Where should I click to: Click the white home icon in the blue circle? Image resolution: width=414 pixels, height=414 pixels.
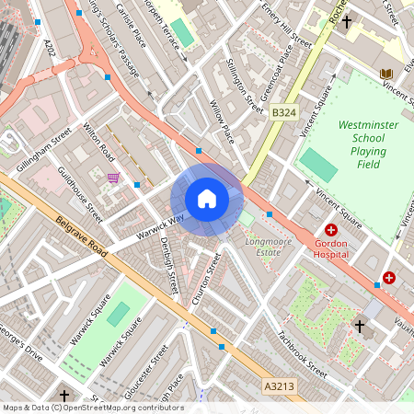[207, 199]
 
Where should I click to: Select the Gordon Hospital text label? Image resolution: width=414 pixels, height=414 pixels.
[331, 247]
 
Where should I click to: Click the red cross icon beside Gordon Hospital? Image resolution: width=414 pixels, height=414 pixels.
[331, 230]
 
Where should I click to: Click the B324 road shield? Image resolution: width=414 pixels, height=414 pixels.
[283, 112]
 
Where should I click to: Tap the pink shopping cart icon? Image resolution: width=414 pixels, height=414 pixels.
[113, 178]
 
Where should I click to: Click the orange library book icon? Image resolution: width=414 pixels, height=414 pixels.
[386, 73]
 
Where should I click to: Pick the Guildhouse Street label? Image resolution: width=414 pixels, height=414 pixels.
[80, 194]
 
